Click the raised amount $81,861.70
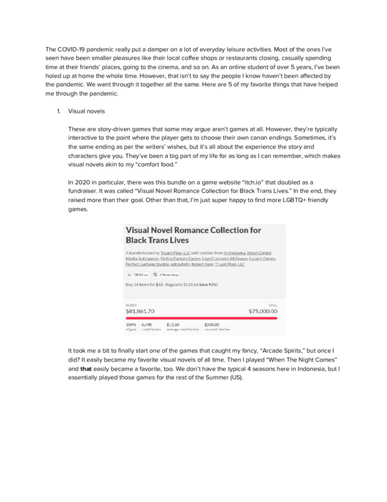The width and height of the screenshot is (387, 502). pyautogui.click(x=140, y=311)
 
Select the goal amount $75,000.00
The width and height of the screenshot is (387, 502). pyautogui.click(x=263, y=311)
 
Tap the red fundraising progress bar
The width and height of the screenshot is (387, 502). pyautogui.click(x=201, y=318)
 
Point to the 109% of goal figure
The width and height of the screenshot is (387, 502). pyautogui.click(x=131, y=324)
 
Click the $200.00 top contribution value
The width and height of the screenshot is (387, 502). pyautogui.click(x=212, y=324)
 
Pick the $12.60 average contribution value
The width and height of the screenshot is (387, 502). pyautogui.click(x=173, y=324)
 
